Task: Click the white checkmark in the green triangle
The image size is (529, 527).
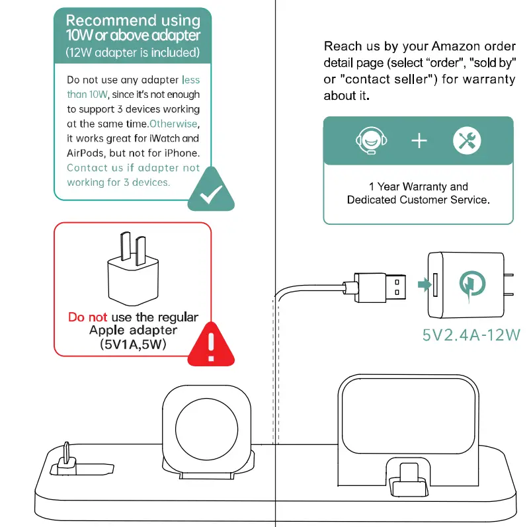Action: (x=211, y=194)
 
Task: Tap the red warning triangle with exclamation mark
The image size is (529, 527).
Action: (x=211, y=343)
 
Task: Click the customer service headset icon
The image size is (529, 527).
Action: (x=371, y=141)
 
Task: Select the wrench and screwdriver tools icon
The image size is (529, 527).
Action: (x=467, y=141)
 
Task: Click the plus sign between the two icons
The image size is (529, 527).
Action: (x=419, y=141)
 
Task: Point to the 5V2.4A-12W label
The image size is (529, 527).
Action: (x=471, y=335)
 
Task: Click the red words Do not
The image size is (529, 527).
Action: (x=88, y=317)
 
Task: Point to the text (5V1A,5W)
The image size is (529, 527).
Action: (x=133, y=345)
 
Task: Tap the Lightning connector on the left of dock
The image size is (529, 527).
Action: (x=66, y=458)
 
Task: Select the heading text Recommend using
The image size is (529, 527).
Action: (x=133, y=21)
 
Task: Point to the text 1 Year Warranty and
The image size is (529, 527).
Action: (x=418, y=186)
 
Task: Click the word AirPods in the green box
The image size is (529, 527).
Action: (x=85, y=153)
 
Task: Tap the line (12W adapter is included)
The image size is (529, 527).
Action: (x=133, y=52)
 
